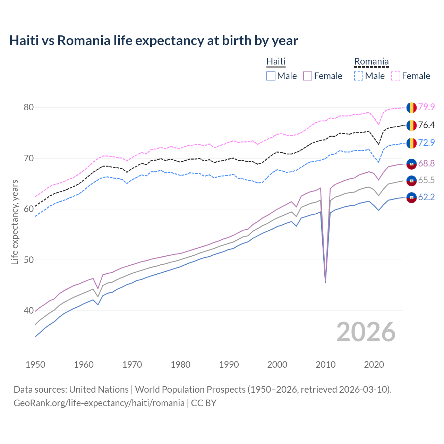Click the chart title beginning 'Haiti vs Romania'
click(x=153, y=41)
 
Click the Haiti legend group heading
click(x=276, y=61)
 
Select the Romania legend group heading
click(x=371, y=61)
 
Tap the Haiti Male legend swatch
click(x=271, y=76)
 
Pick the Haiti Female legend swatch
click(x=308, y=76)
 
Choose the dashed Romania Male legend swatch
click(x=359, y=76)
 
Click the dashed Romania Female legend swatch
click(x=396, y=76)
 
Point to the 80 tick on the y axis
click(x=29, y=107)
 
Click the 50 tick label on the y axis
click(x=29, y=260)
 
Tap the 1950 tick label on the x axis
click(x=35, y=365)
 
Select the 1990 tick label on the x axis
click(x=229, y=365)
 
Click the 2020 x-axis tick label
click(x=374, y=365)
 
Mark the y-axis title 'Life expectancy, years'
click(x=15, y=222)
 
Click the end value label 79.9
click(x=426, y=107)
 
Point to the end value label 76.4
click(x=426, y=125)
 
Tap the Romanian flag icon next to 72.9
click(x=411, y=143)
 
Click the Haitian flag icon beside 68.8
click(x=411, y=164)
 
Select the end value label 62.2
click(x=426, y=197)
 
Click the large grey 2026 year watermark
click(x=366, y=332)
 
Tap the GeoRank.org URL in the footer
click(x=99, y=403)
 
